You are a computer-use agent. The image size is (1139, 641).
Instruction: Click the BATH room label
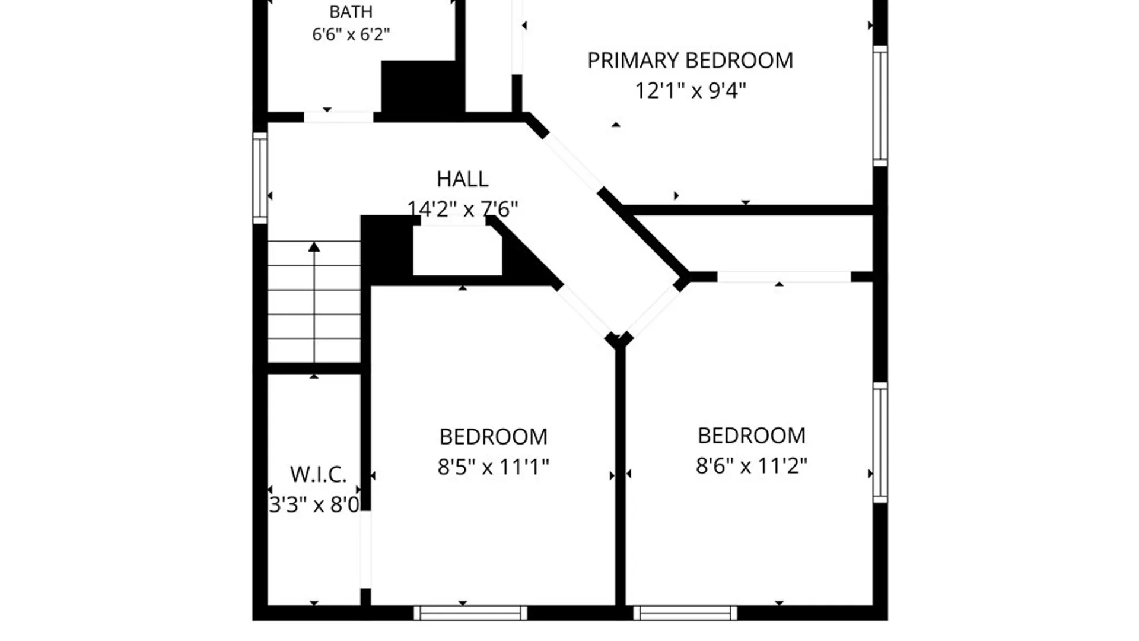tap(351, 12)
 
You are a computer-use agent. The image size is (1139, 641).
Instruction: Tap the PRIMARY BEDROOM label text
tap(690, 61)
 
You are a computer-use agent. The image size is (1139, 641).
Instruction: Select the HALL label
tap(462, 179)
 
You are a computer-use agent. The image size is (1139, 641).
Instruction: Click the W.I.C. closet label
tap(318, 474)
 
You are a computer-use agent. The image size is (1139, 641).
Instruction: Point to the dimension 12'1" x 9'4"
tap(690, 91)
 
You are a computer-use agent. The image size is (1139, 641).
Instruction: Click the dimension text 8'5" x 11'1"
tap(493, 467)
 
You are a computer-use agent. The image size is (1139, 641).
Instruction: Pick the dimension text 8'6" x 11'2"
tap(751, 466)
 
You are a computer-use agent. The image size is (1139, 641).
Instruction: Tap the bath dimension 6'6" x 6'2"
tap(351, 34)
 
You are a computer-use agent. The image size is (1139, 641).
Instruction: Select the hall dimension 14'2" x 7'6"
tap(462, 209)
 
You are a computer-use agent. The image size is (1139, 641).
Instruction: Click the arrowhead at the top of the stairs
tap(314, 247)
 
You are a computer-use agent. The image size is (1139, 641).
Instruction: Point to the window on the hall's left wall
tap(260, 178)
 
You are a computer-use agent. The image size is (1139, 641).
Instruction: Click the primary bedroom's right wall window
tap(880, 106)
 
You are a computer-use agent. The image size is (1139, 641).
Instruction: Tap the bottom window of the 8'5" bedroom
tap(470, 613)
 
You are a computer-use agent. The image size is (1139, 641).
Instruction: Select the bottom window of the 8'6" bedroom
tap(685, 613)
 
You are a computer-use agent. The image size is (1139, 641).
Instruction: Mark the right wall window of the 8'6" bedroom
tap(880, 443)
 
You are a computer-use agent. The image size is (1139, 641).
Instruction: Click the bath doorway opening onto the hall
tap(339, 117)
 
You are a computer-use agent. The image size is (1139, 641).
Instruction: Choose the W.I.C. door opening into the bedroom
tap(366, 550)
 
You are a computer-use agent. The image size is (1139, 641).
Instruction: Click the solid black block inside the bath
tap(422, 86)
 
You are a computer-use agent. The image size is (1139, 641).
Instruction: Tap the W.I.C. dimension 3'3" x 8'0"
tap(314, 504)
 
